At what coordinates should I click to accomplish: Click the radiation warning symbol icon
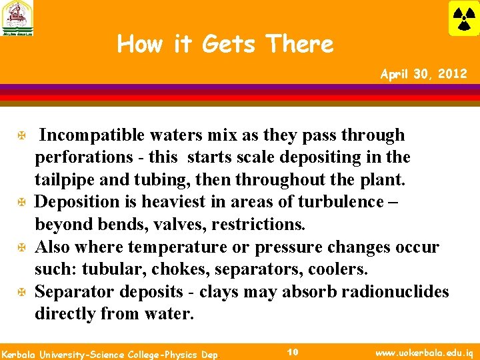pos(463,18)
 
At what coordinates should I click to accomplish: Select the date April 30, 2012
pos(423,73)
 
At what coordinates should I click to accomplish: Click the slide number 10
pos(292,351)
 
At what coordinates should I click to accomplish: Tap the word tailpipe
pos(64,179)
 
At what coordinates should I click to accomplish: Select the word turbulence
pos(339,201)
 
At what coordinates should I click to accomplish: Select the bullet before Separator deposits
pos(22,293)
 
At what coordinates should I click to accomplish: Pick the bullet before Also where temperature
pos(22,248)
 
